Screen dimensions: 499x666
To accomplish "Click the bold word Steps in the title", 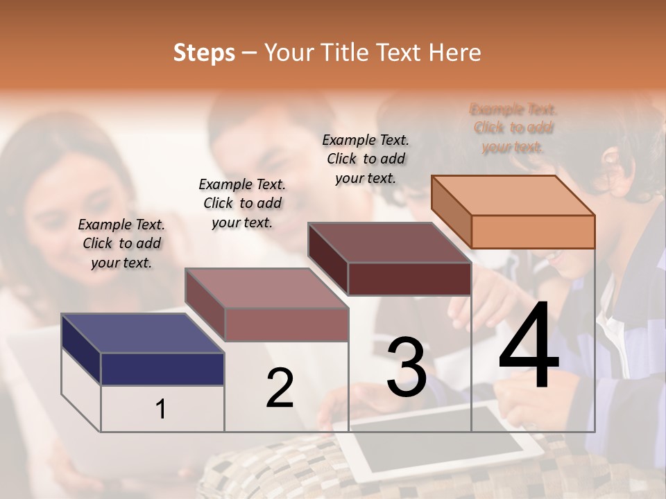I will tap(204, 53).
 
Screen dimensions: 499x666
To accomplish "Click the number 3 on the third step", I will tap(406, 367).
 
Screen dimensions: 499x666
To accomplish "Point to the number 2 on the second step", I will tap(280, 388).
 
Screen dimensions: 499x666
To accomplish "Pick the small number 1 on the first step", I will tap(161, 410).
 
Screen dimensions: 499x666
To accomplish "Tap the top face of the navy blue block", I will tap(142, 333).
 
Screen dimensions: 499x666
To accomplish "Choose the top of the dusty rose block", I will tap(266, 288).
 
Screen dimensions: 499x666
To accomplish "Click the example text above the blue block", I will tap(121, 243).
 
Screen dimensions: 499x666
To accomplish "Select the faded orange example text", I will tap(513, 128).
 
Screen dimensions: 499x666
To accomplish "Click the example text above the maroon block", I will tap(366, 159).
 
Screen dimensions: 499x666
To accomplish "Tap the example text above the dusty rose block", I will tap(242, 203).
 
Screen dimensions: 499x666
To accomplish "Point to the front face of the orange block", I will tap(533, 231).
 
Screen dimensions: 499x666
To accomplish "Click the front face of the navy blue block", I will tap(162, 369).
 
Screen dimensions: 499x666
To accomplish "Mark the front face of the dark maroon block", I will tap(409, 279).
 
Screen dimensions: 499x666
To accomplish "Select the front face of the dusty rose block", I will tap(286, 324).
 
